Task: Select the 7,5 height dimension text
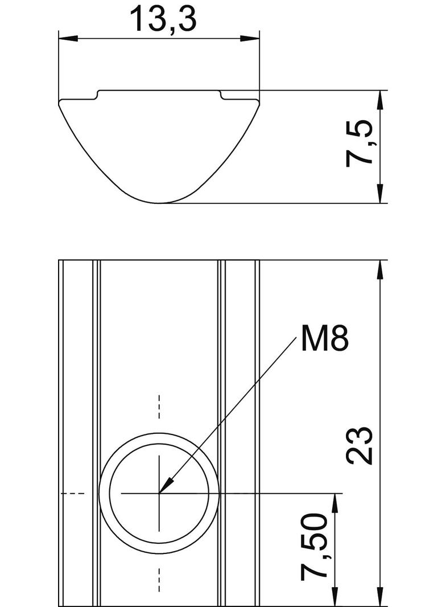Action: (x=360, y=143)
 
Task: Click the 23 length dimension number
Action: (x=360, y=445)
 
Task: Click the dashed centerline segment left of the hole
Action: (x=73, y=493)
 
